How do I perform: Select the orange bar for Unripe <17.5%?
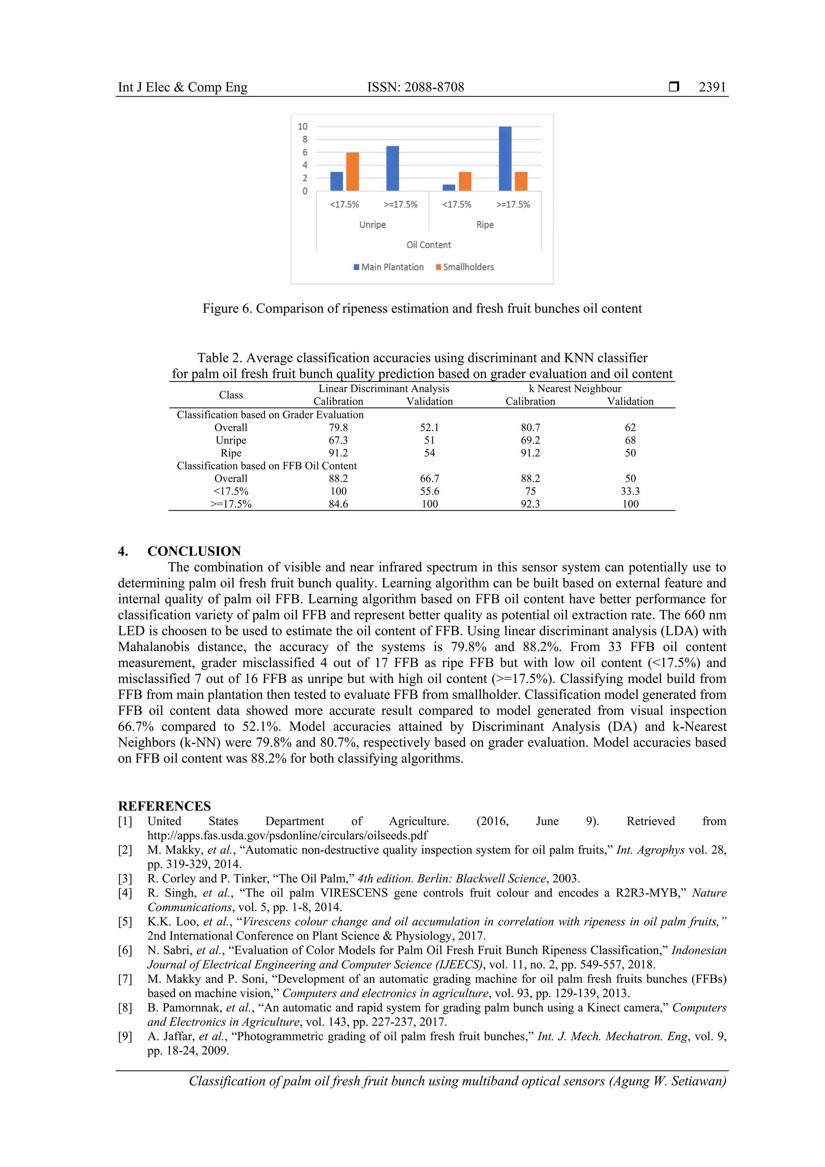(352, 171)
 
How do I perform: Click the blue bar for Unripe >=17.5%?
(392, 168)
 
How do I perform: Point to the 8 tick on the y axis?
(305, 139)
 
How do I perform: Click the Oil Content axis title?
(428, 245)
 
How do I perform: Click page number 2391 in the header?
(712, 87)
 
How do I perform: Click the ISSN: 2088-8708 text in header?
(416, 87)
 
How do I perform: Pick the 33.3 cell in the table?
(630, 491)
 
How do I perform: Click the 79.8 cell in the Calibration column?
(338, 428)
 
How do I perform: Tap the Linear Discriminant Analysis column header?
(383, 388)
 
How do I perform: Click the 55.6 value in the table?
(429, 491)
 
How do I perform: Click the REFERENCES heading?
(164, 806)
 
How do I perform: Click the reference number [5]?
(125, 922)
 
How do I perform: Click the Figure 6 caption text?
(422, 309)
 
